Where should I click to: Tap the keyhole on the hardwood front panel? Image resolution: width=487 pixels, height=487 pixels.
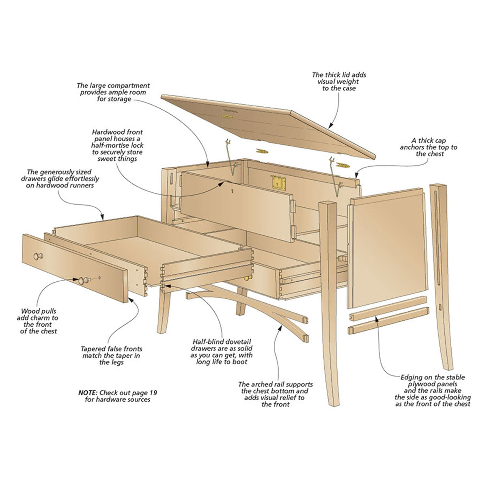pos(232,191)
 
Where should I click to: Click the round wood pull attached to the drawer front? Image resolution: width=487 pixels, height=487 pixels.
pos(39,256)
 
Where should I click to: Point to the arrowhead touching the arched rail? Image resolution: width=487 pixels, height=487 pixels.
pos(280,328)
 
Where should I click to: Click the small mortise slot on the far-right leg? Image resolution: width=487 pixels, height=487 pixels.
pos(440,307)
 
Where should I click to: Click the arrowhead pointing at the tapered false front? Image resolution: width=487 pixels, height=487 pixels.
pos(131,300)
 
